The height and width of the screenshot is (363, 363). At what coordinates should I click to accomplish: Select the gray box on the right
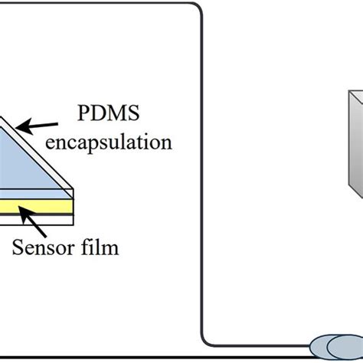click(x=355, y=146)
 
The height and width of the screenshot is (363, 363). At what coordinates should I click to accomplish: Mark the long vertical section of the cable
click(x=202, y=176)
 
